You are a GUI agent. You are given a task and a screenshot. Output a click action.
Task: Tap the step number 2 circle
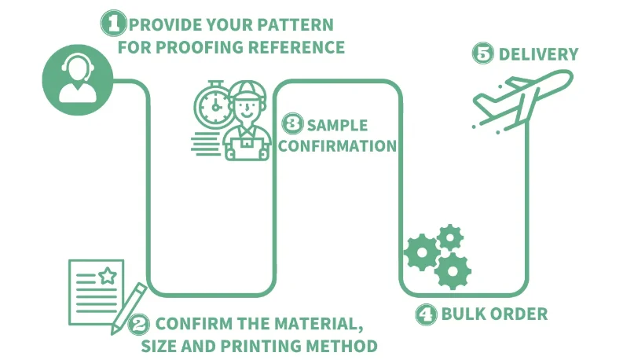click(140, 323)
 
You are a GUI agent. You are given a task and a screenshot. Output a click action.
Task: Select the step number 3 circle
click(292, 124)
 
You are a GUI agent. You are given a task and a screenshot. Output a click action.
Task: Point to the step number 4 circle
click(426, 314)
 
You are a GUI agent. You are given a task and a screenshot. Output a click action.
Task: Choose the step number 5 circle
click(482, 54)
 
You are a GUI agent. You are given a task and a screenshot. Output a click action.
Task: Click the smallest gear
click(450, 236)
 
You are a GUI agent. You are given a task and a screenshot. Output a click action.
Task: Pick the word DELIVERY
click(538, 55)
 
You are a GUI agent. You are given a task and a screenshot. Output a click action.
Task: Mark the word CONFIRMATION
click(338, 145)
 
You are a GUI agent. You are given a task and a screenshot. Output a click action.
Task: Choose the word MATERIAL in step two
click(313, 323)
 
